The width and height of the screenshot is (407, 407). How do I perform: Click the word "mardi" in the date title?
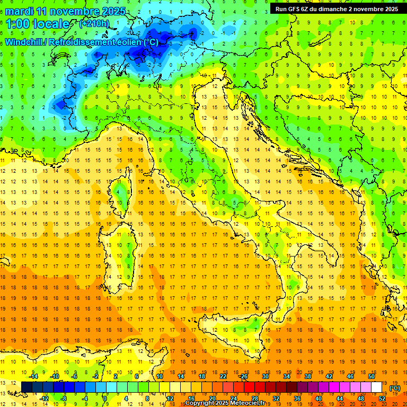point(19,11)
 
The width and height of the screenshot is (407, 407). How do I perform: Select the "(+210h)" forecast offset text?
point(94,24)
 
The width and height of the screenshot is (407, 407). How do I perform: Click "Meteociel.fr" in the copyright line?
point(251,403)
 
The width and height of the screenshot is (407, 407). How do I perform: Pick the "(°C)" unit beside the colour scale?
point(395,388)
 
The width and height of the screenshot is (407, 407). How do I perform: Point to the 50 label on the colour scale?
point(371,376)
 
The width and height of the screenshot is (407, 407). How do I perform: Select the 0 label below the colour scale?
point(105,398)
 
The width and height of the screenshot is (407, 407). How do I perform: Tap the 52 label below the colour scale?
point(382,398)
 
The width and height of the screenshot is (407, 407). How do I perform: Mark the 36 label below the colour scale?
point(297,398)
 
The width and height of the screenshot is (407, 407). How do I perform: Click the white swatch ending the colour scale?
point(376,387)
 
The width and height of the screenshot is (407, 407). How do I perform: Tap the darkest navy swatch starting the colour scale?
point(27,387)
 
